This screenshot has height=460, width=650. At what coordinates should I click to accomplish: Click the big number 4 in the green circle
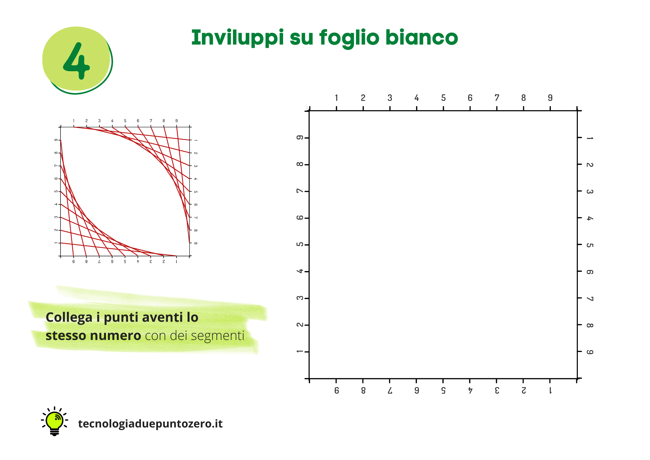[x=76, y=61]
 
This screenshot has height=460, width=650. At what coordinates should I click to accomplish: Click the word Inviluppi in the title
[x=238, y=38]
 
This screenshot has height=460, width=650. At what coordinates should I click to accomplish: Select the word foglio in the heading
[x=349, y=38]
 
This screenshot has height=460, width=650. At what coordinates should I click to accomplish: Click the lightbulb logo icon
[x=55, y=421]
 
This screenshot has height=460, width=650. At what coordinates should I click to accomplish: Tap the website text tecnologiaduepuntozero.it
[x=150, y=424]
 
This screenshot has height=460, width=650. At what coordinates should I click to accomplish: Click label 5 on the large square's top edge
[x=443, y=98]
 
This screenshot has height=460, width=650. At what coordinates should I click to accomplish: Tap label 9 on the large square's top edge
[x=550, y=98]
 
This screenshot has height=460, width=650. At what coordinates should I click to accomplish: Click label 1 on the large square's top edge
[x=336, y=98]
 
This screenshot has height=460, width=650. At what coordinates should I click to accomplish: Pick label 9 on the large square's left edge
[x=300, y=138]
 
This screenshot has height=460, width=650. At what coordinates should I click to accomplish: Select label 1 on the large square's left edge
[x=300, y=352]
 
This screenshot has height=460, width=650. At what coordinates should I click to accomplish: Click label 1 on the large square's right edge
[x=590, y=138]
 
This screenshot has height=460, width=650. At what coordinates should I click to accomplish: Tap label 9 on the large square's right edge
[x=590, y=352]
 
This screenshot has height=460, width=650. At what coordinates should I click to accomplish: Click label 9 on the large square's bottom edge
[x=337, y=390]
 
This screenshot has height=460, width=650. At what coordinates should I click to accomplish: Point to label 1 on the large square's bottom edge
[x=550, y=390]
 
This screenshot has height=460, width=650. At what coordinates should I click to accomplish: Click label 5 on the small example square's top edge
[x=125, y=121]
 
